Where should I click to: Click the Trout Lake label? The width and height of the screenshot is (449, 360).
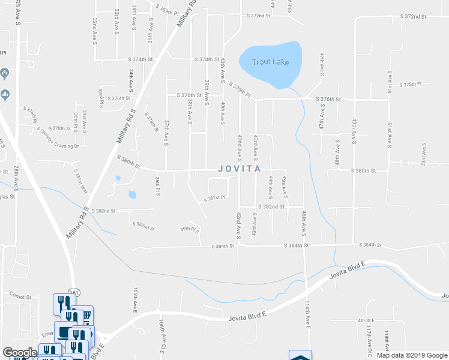(270, 62)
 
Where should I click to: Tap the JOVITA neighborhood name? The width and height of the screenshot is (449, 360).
(239, 169)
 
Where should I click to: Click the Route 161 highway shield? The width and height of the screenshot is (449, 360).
(74, 292)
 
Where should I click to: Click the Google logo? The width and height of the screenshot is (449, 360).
(19, 353)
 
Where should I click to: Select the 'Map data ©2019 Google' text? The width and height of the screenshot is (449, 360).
(412, 355)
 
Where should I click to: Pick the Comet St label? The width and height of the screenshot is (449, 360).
(20, 295)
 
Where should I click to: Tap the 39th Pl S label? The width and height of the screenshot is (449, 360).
(189, 229)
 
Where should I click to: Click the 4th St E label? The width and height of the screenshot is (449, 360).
(366, 320)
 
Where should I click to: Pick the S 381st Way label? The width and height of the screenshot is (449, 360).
(80, 179)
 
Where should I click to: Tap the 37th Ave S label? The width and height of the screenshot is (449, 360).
(166, 131)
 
